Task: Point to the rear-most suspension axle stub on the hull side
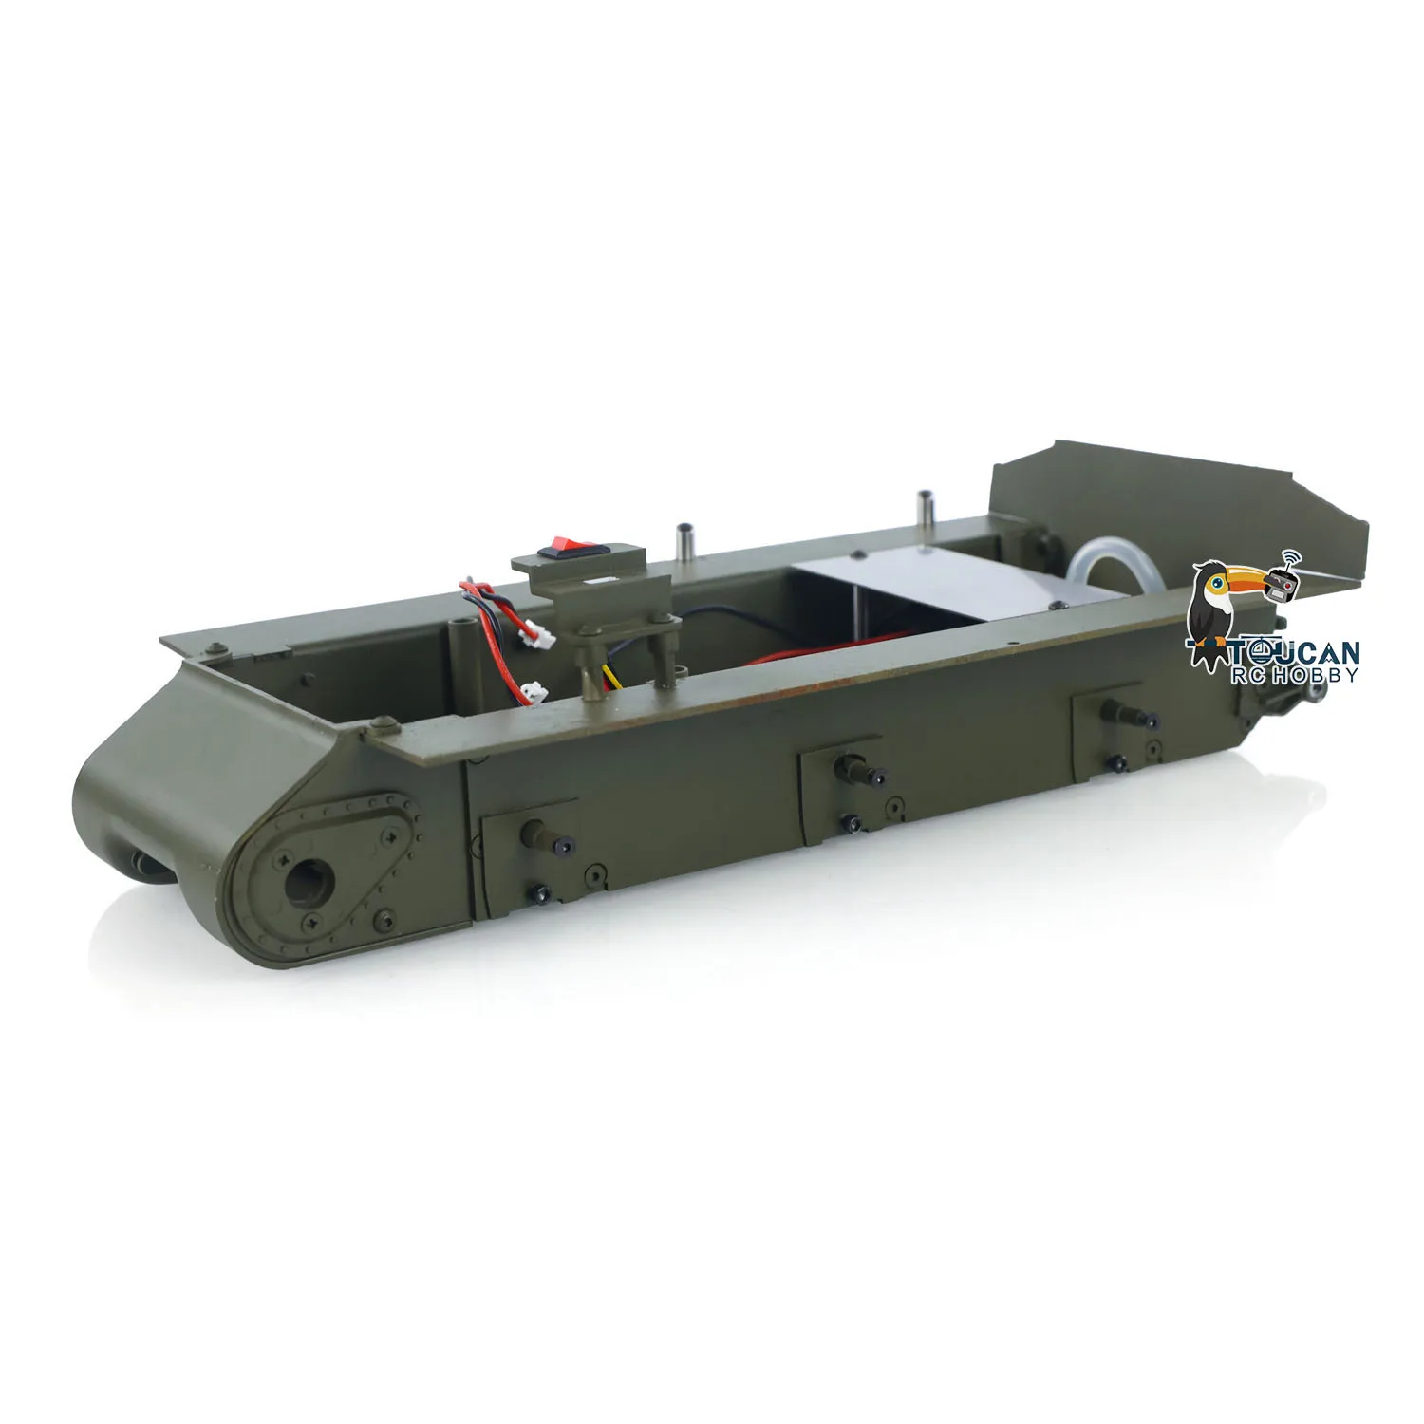1112,711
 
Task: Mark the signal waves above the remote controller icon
1291,558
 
